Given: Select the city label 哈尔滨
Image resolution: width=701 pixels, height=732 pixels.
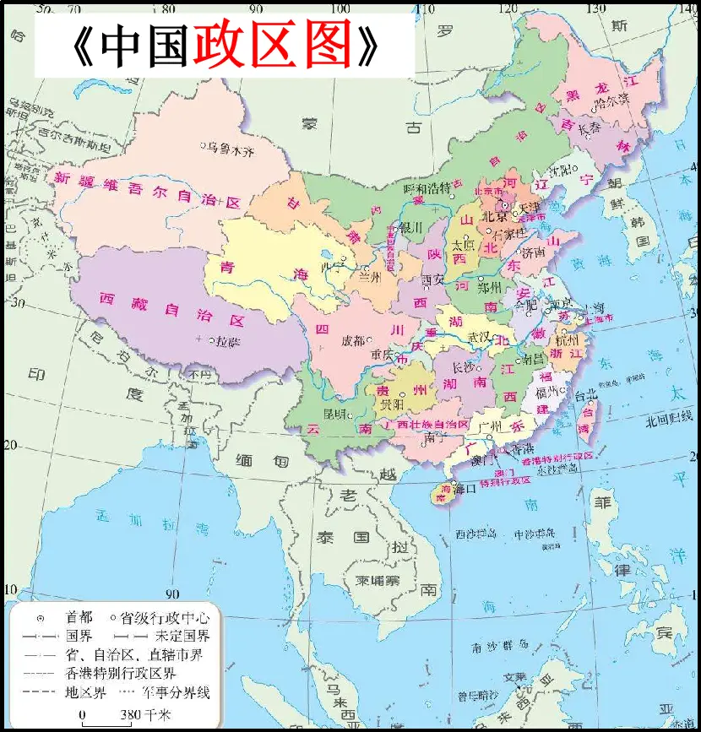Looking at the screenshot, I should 612,100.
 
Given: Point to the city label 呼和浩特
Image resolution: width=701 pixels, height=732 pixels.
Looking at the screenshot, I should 427,187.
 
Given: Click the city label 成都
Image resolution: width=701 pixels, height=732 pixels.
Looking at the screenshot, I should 353,341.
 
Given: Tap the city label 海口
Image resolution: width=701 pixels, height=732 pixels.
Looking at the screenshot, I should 466,488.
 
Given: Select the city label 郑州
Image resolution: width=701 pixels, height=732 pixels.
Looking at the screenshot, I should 490,287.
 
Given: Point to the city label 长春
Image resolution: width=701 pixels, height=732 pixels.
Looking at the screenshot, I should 590,127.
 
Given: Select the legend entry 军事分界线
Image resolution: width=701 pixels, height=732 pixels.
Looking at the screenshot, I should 177,693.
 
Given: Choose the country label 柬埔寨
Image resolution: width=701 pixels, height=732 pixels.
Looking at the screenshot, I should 383,580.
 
